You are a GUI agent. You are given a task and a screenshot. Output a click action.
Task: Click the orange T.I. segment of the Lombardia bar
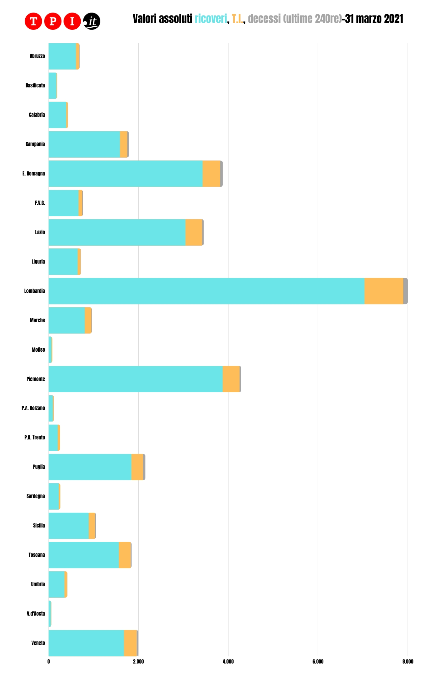[384, 291]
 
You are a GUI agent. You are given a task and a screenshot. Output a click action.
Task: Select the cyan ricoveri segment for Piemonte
[135, 379]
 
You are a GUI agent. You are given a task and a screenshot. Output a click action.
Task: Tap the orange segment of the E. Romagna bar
[211, 173]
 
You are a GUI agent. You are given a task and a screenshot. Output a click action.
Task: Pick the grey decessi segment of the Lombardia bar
[405, 291]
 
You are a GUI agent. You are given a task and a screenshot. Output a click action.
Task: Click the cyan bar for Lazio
[117, 232]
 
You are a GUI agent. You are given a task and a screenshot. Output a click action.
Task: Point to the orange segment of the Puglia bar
[137, 467]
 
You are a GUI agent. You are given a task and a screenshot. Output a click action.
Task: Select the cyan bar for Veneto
[86, 643]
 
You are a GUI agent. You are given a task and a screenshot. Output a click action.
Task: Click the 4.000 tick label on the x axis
[228, 661]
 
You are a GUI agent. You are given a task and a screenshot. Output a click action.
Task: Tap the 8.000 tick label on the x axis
[408, 661]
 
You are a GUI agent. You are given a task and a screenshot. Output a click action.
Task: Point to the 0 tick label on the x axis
[49, 661]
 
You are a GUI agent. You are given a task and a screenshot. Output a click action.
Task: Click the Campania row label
[35, 144]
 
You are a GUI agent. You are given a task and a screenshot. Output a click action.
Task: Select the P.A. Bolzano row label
[33, 408]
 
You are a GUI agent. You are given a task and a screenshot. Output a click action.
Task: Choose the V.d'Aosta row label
[36, 614]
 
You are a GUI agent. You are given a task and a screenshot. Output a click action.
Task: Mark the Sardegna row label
[35, 496]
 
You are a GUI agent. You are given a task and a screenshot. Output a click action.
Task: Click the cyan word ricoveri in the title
[211, 19]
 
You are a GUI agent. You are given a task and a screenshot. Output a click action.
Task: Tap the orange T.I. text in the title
[238, 19]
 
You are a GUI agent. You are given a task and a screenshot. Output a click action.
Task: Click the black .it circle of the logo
[91, 21]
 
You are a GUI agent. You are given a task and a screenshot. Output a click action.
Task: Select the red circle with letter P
[53, 21]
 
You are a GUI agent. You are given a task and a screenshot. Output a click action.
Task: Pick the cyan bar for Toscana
[83, 555]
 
